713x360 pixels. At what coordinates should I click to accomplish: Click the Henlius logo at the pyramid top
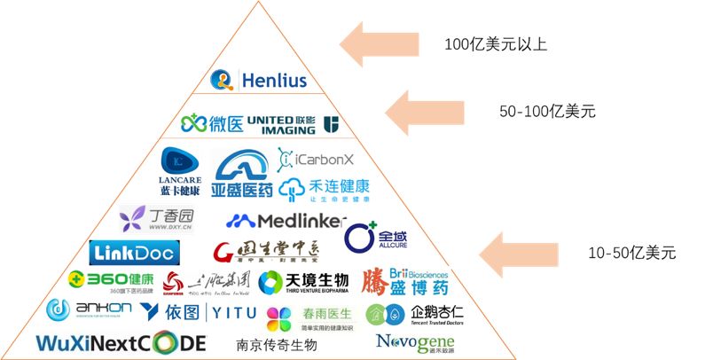260,81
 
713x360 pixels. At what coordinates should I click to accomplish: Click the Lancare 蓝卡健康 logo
180,172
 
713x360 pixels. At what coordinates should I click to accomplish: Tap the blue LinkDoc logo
134,253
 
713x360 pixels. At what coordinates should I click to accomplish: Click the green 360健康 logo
105,281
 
